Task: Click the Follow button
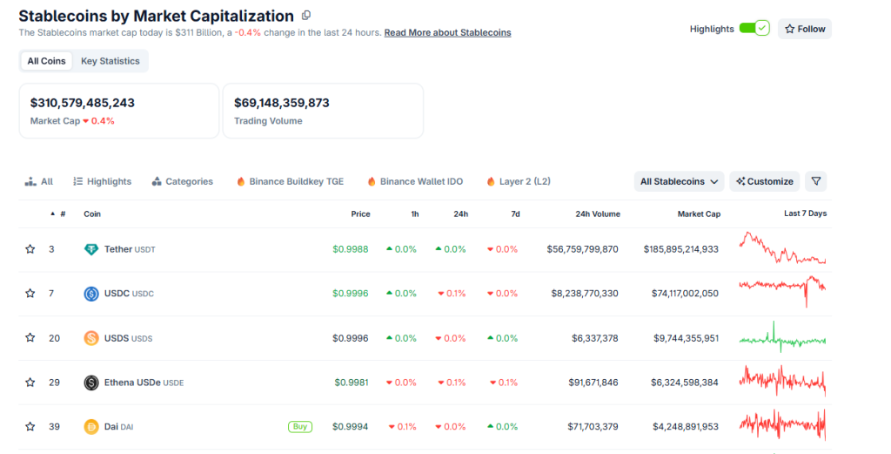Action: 805,29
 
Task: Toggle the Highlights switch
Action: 754,29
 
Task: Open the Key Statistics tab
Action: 110,61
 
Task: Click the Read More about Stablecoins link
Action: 447,33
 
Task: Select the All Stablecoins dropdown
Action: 680,181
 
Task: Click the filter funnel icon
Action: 815,181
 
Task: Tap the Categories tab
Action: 182,181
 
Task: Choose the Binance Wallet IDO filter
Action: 415,181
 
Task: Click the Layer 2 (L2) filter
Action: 519,181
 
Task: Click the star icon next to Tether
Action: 30,249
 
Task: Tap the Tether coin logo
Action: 91,249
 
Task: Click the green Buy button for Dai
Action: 299,427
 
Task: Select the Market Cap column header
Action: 699,213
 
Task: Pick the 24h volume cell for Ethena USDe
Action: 584,383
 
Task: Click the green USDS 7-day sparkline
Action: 782,337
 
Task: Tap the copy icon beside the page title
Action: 305,16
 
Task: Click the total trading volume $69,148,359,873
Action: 281,103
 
